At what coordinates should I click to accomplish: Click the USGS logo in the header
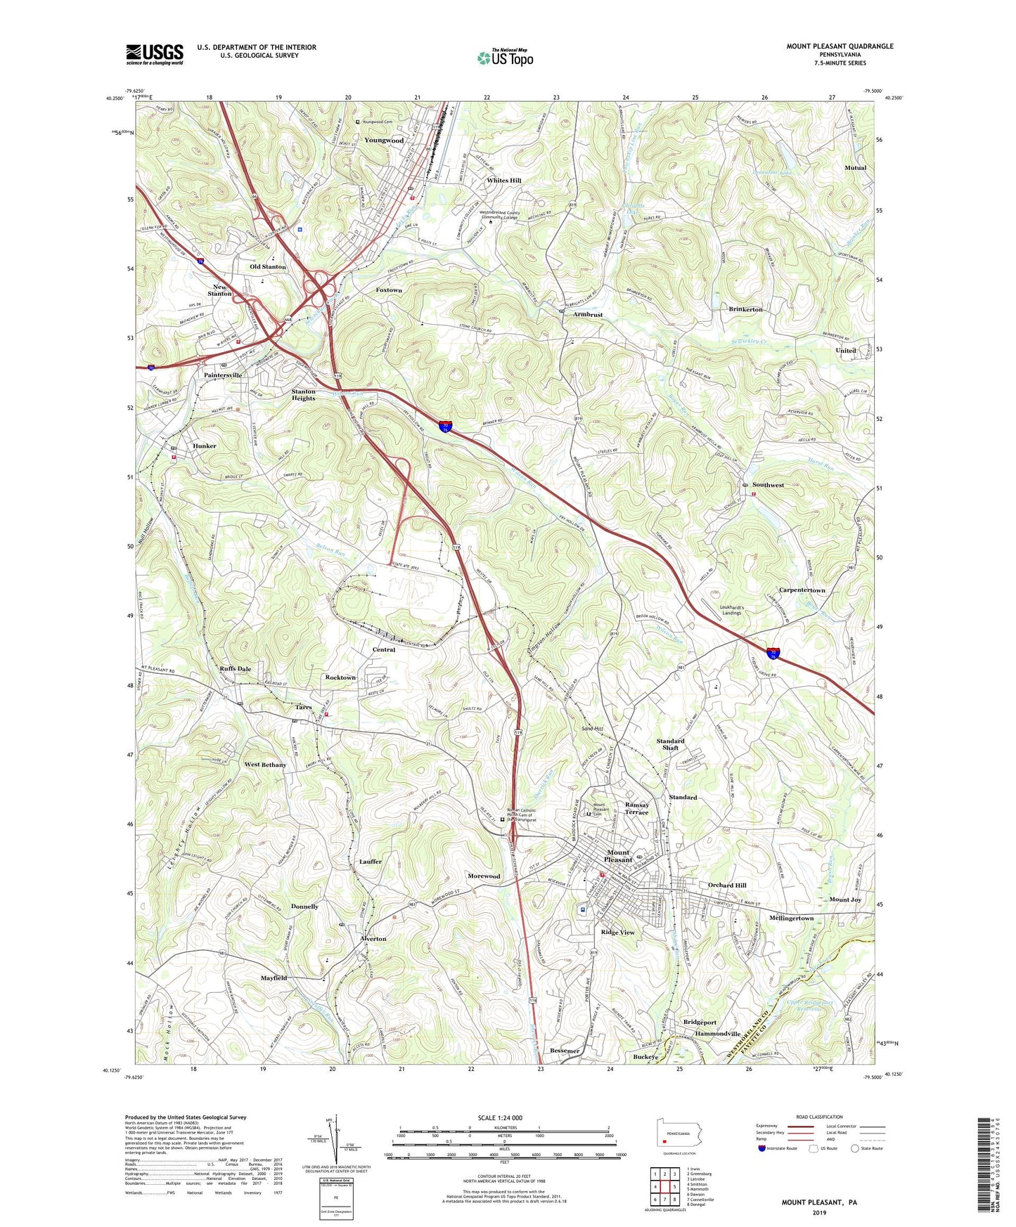pyautogui.click(x=155, y=53)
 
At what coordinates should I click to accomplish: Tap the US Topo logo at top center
pyautogui.click(x=504, y=58)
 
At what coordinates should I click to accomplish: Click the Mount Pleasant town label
pyautogui.click(x=618, y=856)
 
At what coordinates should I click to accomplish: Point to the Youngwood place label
pyautogui.click(x=384, y=141)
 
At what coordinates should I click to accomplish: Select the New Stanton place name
pyautogui.click(x=220, y=290)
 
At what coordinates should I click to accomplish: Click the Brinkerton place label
pyautogui.click(x=745, y=309)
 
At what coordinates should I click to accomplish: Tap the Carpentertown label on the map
pyautogui.click(x=802, y=590)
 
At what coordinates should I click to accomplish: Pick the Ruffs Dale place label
pyautogui.click(x=236, y=669)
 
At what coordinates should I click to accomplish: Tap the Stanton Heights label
pyautogui.click(x=304, y=395)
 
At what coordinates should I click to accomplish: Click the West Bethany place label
pyautogui.click(x=265, y=765)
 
